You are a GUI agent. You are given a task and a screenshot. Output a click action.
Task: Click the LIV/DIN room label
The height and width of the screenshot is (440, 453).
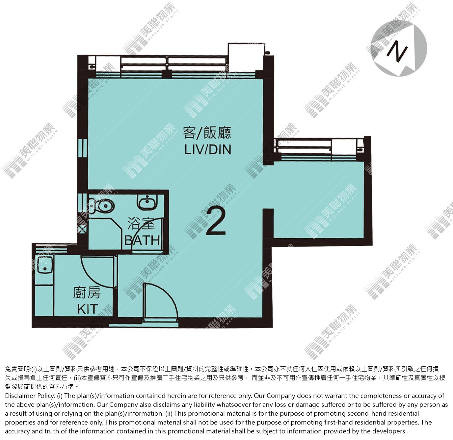(208, 149)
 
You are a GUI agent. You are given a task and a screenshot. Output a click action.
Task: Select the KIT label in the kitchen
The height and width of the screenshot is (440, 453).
(87, 309)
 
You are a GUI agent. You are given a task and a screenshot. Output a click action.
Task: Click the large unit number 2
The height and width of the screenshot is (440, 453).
(216, 221)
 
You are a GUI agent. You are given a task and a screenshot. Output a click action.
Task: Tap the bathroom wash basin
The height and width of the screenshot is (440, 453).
(148, 202)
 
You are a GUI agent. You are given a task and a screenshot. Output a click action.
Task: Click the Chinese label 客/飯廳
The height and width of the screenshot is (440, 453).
(207, 133)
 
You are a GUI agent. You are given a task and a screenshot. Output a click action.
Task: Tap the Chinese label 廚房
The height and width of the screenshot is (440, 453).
(87, 293)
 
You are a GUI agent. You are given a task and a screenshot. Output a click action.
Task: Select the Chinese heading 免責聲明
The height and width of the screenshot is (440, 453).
(18, 369)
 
